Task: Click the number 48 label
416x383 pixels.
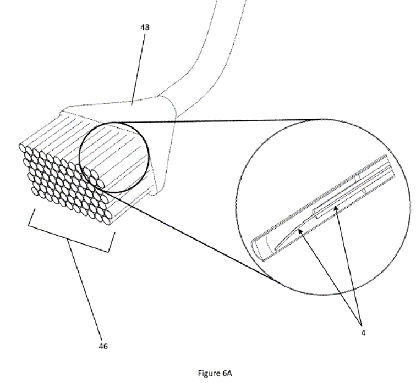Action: [145, 27]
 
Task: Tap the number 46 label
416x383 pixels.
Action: [103, 346]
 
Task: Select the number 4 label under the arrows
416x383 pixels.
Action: [363, 333]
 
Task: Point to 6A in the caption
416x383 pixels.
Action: [227, 373]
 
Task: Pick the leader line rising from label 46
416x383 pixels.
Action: [85, 289]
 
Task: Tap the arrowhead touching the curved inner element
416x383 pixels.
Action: [300, 232]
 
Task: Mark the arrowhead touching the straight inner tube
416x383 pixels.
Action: [336, 209]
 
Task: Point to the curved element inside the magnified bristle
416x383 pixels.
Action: [289, 236]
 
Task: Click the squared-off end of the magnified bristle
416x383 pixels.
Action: [390, 166]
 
